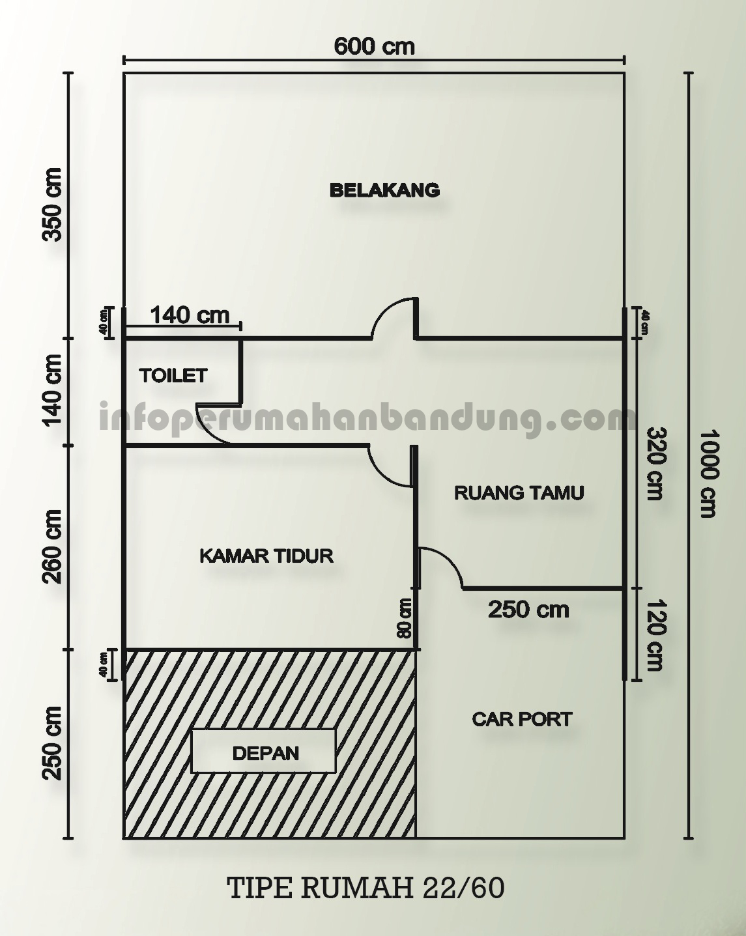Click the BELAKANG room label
[384, 190]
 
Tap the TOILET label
[173, 376]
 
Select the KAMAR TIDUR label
[266, 556]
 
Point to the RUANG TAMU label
[519, 492]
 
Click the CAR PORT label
[522, 719]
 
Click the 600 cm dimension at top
[374, 46]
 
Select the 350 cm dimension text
[52, 205]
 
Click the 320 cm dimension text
[654, 464]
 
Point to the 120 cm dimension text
[654, 635]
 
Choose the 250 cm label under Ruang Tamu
[528, 610]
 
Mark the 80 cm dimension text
[405, 618]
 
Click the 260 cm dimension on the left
[52, 546]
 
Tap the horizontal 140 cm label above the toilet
[190, 315]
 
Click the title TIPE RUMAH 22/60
[366, 888]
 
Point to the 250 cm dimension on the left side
[52, 743]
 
